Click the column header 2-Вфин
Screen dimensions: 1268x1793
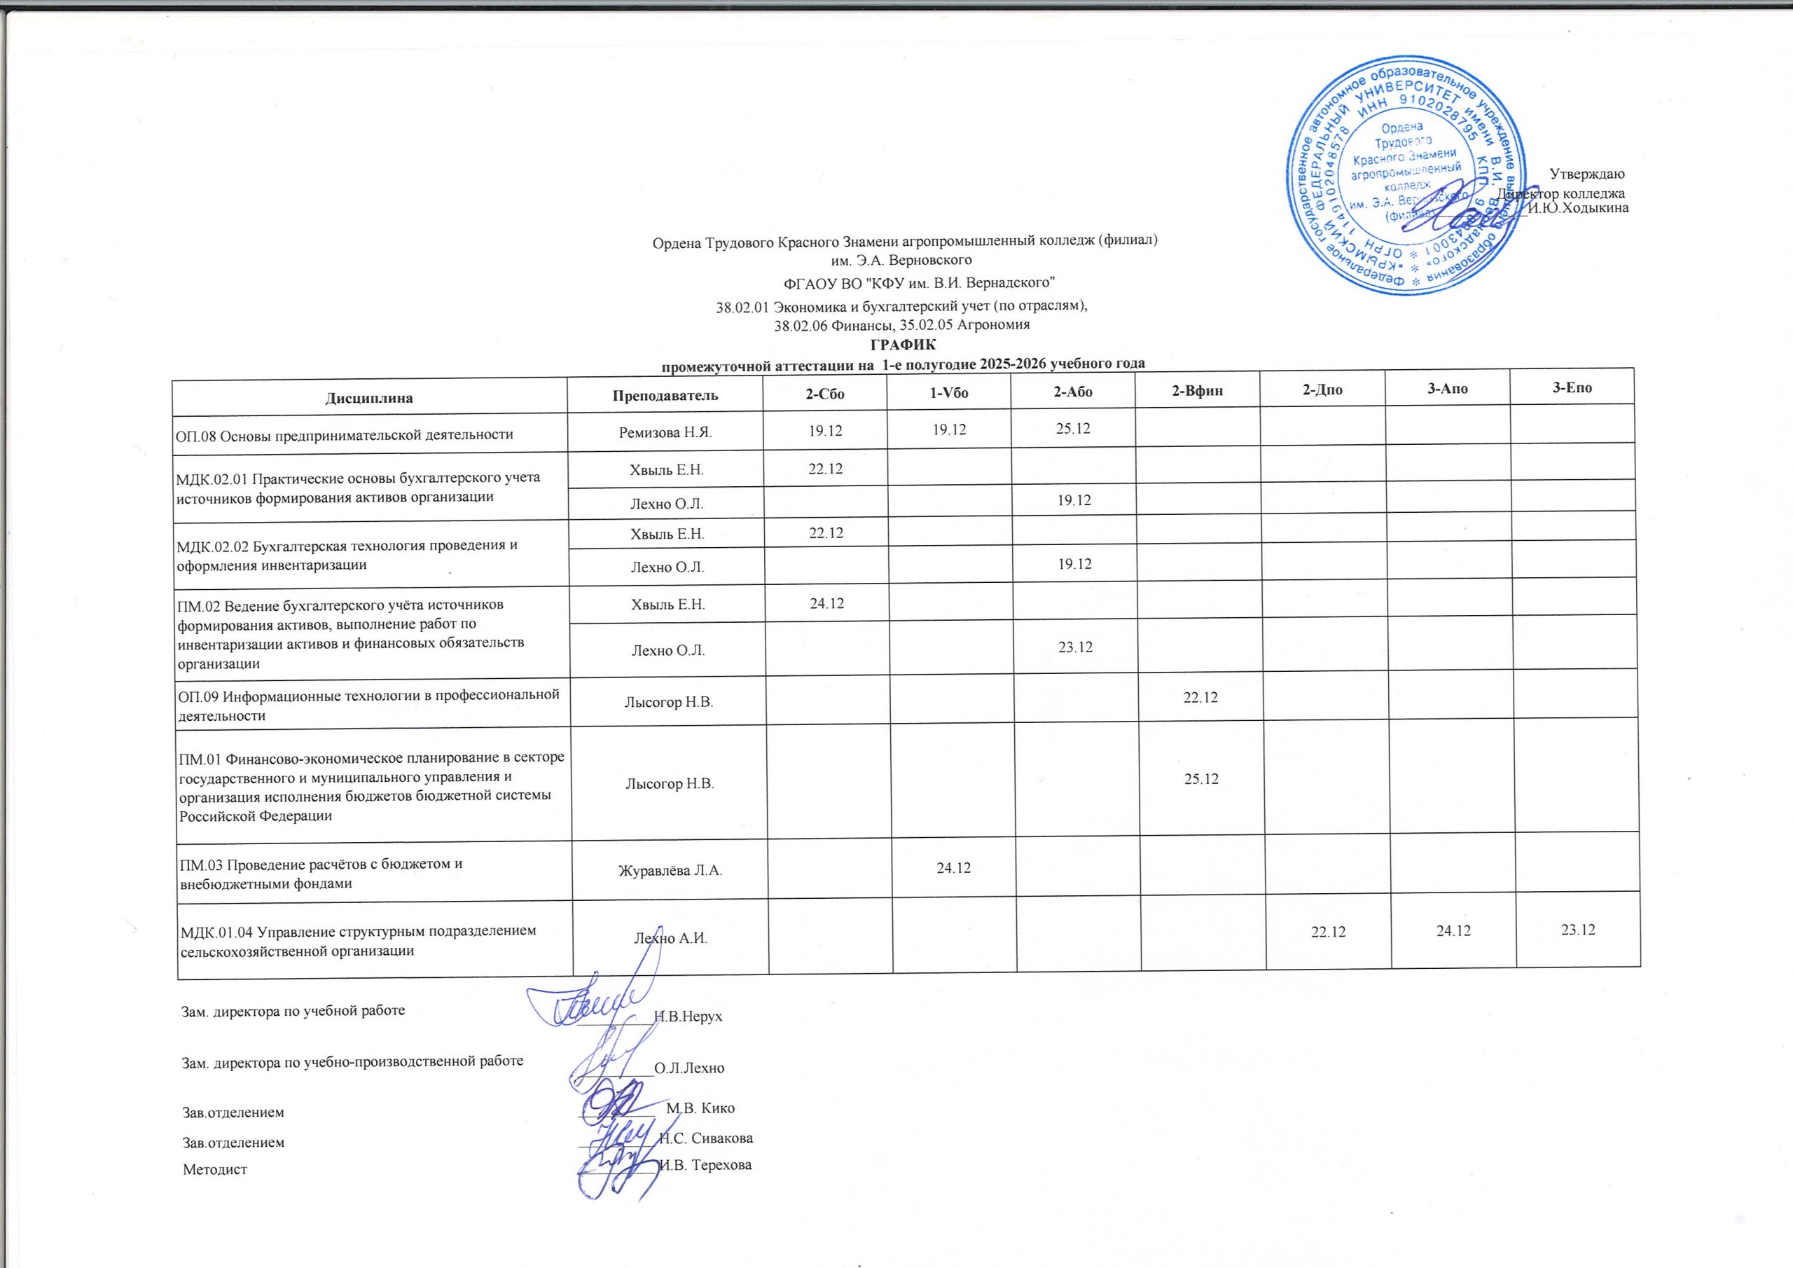tap(1197, 392)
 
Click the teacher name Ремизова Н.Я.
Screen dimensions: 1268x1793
tap(666, 433)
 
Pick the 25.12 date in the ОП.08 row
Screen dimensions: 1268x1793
tap(1073, 429)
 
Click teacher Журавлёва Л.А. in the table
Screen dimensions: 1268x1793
tap(670, 869)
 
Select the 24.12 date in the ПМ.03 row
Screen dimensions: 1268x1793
tap(953, 867)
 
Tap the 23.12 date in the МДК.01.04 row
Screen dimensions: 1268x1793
tap(1577, 930)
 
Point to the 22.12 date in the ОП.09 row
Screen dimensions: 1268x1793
tap(1200, 697)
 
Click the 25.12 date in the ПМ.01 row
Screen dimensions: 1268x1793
tap(1201, 779)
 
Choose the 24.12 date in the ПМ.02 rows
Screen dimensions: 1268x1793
tap(826, 603)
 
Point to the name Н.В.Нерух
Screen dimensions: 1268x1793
tap(687, 1017)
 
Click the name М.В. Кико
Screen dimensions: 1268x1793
tap(700, 1108)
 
